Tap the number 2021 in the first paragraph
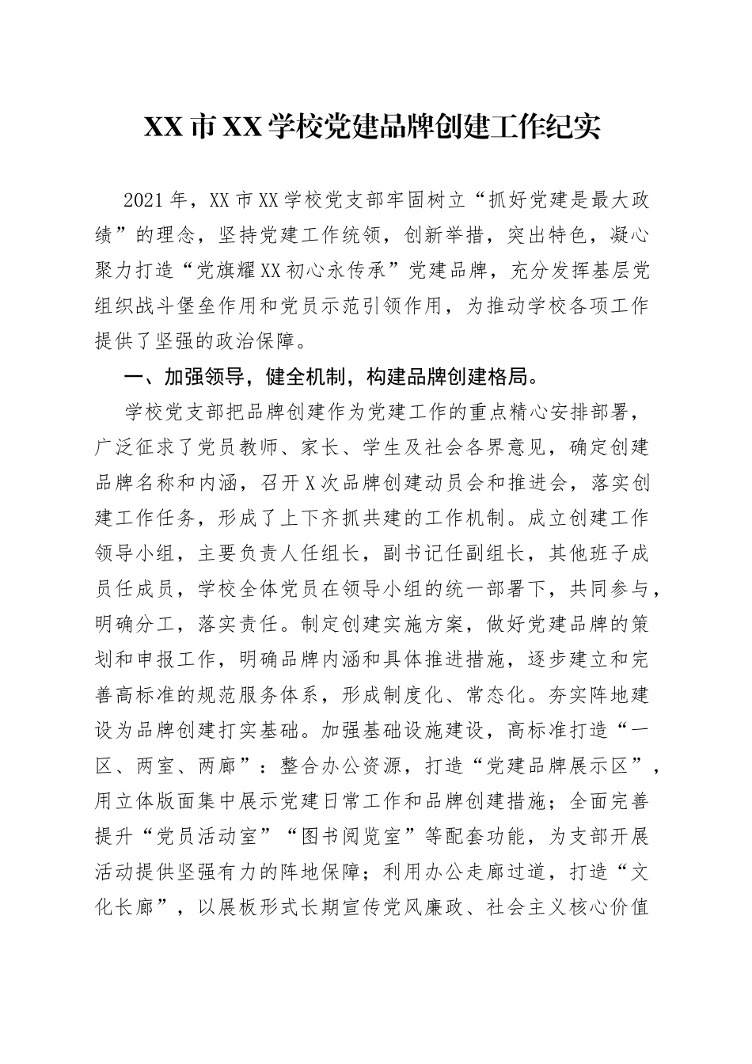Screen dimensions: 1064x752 [x=148, y=199]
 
